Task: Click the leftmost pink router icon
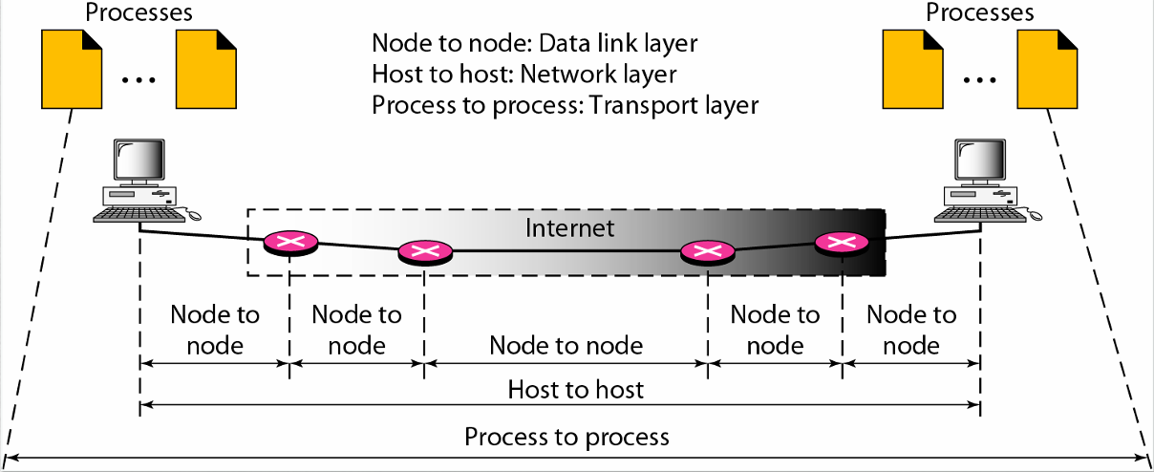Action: click(290, 242)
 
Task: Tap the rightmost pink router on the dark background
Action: click(841, 242)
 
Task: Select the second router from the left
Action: click(424, 252)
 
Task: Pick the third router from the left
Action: click(707, 252)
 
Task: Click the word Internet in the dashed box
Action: click(570, 228)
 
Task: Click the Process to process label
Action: click(566, 438)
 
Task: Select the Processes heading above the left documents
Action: click(139, 12)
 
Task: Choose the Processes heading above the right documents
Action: click(980, 12)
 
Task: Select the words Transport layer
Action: click(674, 104)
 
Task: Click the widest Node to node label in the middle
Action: click(566, 344)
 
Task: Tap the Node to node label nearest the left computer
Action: click(214, 329)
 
